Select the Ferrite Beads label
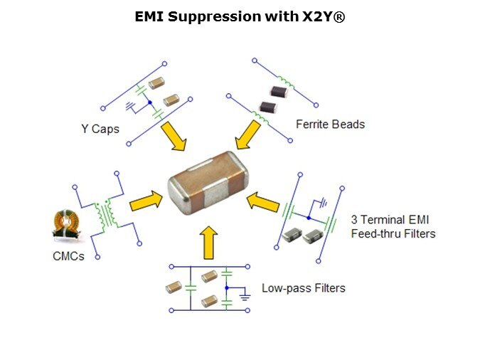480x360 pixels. [x=330, y=125]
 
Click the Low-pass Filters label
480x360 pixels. [x=304, y=288]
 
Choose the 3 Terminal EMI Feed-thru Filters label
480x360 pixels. [x=393, y=226]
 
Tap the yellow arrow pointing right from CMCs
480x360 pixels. [x=145, y=201]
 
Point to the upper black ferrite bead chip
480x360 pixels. [x=277, y=91]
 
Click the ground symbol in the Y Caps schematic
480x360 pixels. [x=130, y=106]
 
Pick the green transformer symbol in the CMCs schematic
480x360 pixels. [x=108, y=211]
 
